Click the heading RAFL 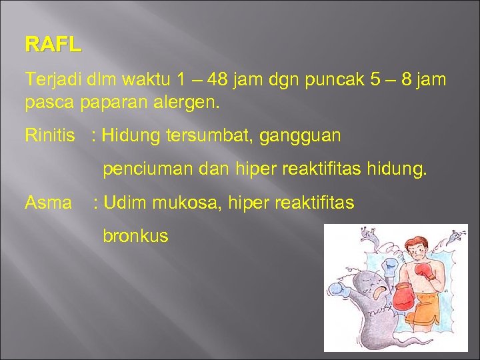[x=53, y=45]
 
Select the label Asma [x=48, y=203]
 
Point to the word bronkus [x=135, y=235]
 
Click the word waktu [x=146, y=80]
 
